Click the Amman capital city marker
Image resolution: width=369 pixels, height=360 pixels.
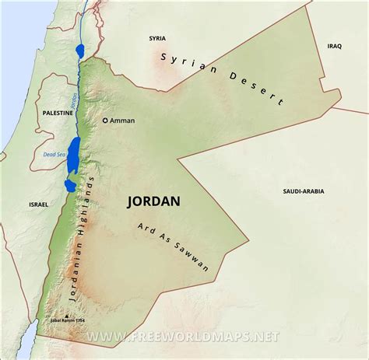107,121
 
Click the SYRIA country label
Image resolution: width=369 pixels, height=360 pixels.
159,37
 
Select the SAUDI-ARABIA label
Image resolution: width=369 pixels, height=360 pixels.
304,190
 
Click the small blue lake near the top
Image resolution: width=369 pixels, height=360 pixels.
81,51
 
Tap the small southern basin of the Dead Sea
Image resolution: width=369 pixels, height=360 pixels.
69,185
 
